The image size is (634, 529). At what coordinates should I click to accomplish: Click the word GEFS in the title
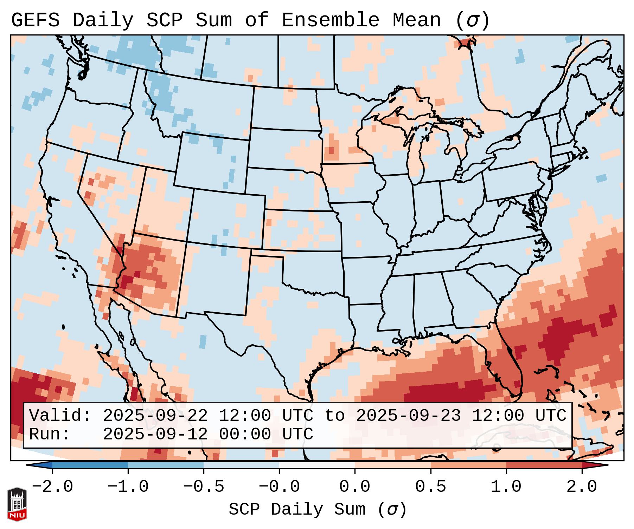35,20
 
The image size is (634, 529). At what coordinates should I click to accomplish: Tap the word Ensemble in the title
330,20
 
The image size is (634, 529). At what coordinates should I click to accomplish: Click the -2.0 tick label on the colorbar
52,487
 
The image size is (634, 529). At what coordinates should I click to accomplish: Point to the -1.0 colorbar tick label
128,487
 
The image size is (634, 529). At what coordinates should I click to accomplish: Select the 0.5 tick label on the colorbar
430,487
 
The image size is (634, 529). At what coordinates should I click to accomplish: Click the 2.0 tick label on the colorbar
582,487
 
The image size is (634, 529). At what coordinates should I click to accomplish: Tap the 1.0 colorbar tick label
506,487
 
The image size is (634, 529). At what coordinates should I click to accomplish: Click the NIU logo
17,504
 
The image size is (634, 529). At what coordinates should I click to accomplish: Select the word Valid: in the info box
60,416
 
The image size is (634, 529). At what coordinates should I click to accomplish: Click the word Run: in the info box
50,434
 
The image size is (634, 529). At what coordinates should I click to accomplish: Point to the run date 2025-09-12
155,434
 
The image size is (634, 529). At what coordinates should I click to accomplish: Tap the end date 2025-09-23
408,416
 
